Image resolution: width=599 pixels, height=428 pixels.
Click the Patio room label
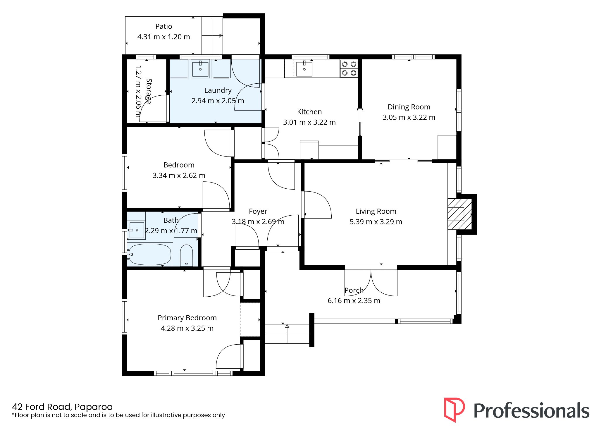click(x=164, y=26)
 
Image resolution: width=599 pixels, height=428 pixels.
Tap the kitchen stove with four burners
click(x=349, y=68)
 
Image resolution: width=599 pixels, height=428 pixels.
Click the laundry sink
click(x=200, y=69)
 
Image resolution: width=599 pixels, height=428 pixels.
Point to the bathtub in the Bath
click(x=150, y=254)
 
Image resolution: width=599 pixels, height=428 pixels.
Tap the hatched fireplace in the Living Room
click(x=459, y=214)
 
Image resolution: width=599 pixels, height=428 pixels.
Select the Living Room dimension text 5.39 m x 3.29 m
click(x=376, y=222)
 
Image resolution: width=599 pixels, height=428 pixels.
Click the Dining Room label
click(x=409, y=107)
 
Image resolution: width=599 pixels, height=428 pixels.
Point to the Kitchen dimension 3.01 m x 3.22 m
click(x=309, y=122)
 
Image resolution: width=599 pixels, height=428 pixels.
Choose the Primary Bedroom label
click(x=187, y=318)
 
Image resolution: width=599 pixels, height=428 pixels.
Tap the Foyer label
click(x=258, y=211)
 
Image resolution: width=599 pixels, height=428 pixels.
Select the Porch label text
click(x=354, y=290)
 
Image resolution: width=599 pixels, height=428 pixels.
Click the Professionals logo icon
click(x=454, y=410)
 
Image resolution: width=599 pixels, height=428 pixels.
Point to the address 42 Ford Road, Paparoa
click(x=62, y=407)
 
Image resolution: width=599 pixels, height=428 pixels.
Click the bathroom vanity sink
click(x=136, y=230)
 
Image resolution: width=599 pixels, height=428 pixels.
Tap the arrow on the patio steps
click(x=212, y=36)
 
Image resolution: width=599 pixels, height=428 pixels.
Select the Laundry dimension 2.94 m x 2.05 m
click(x=218, y=101)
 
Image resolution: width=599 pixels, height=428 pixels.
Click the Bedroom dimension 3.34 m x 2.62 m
click(x=179, y=176)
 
